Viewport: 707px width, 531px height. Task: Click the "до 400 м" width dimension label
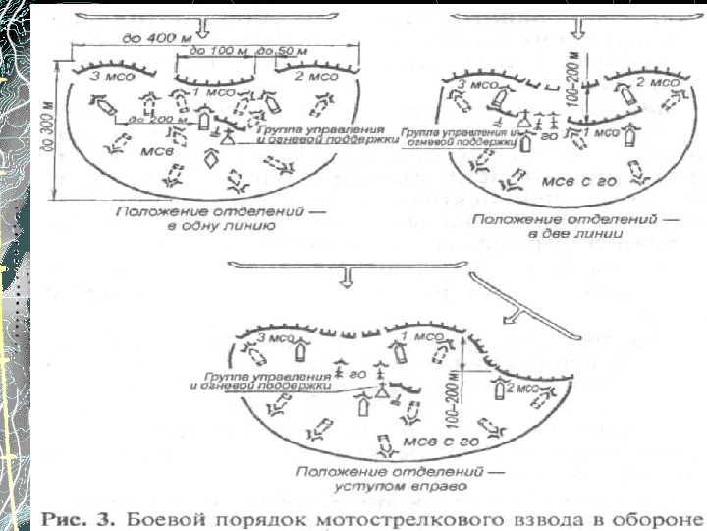coord(145,37)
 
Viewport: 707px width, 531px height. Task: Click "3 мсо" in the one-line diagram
coord(106,76)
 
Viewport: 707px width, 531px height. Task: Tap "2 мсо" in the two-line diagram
coord(649,82)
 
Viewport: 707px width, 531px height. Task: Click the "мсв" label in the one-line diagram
coord(129,153)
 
